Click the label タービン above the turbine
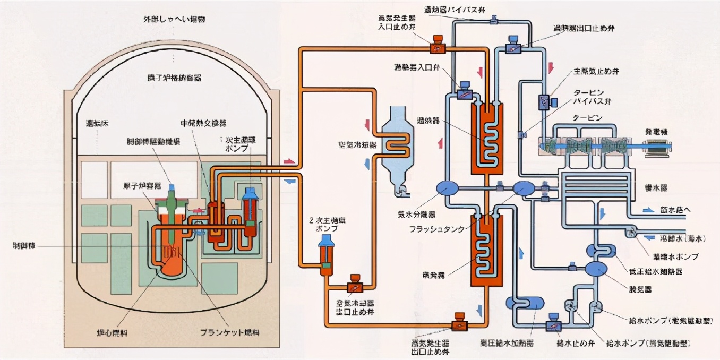pyautogui.click(x=588, y=118)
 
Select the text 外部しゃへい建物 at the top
pyautogui.click(x=174, y=19)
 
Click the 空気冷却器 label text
pyautogui.click(x=357, y=144)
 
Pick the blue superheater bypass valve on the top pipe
pyautogui.click(x=493, y=21)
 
